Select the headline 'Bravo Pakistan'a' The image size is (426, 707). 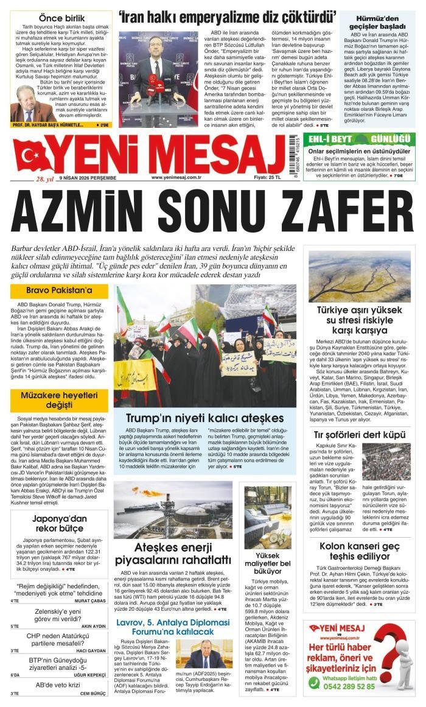[x=59, y=291]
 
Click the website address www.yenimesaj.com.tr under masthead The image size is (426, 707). [x=176, y=178]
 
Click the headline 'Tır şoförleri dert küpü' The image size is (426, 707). [x=360, y=434]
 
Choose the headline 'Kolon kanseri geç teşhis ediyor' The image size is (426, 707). [x=360, y=550]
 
